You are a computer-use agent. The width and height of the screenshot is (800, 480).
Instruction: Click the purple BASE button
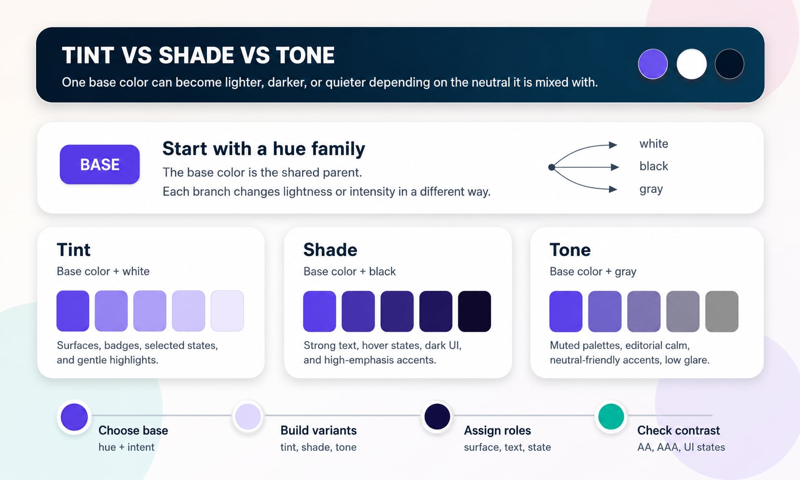pyautogui.click(x=100, y=165)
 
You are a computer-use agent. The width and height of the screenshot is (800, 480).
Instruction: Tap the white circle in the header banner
pyautogui.click(x=691, y=64)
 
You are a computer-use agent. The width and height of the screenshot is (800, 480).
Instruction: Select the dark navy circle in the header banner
pyautogui.click(x=730, y=64)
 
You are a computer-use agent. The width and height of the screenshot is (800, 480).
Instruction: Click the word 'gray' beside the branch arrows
pyautogui.click(x=651, y=189)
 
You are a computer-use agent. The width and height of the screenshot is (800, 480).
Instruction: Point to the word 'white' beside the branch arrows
pyautogui.click(x=654, y=144)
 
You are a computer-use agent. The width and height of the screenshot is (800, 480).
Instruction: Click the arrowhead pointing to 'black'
pyautogui.click(x=615, y=167)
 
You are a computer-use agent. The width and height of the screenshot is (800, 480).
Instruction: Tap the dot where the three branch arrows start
pyautogui.click(x=551, y=167)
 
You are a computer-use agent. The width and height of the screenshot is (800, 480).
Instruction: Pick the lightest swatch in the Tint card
pyautogui.click(x=227, y=311)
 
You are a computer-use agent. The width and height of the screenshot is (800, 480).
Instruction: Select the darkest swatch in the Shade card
pyautogui.click(x=474, y=311)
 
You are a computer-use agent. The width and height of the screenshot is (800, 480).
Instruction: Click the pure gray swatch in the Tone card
pyautogui.click(x=722, y=311)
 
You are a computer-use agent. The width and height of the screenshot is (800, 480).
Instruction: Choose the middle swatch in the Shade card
pyautogui.click(x=397, y=311)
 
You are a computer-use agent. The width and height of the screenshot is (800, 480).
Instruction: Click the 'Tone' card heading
pyautogui.click(x=570, y=250)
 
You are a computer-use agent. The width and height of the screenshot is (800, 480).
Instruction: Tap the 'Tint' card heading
pyautogui.click(x=74, y=250)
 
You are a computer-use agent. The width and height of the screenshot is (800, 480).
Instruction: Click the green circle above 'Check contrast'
pyautogui.click(x=611, y=416)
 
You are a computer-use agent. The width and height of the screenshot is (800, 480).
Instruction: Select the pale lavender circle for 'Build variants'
pyautogui.click(x=248, y=416)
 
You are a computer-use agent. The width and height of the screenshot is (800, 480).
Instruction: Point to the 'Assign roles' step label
pyautogui.click(x=497, y=431)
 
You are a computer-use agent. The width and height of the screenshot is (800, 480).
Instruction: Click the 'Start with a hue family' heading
pyautogui.click(x=263, y=149)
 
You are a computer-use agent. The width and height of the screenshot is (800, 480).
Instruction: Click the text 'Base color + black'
pyautogui.click(x=350, y=271)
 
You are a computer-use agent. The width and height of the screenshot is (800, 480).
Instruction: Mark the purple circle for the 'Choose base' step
pyautogui.click(x=74, y=417)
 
